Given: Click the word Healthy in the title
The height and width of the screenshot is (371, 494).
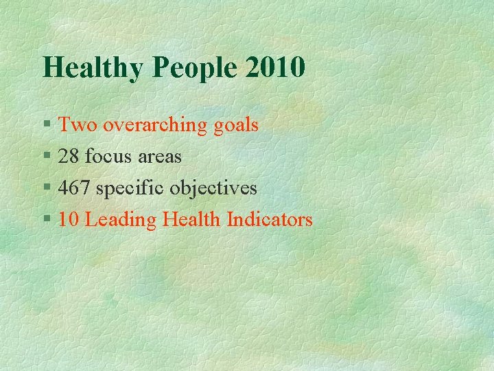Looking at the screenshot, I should coord(93,67).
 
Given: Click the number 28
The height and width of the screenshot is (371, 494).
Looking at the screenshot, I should coord(69,157).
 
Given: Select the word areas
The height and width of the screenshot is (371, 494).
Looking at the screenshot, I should coord(159,157).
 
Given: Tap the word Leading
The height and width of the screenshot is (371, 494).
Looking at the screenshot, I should coord(121,221).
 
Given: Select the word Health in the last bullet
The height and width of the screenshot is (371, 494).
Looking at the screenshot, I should coord(192,220).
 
